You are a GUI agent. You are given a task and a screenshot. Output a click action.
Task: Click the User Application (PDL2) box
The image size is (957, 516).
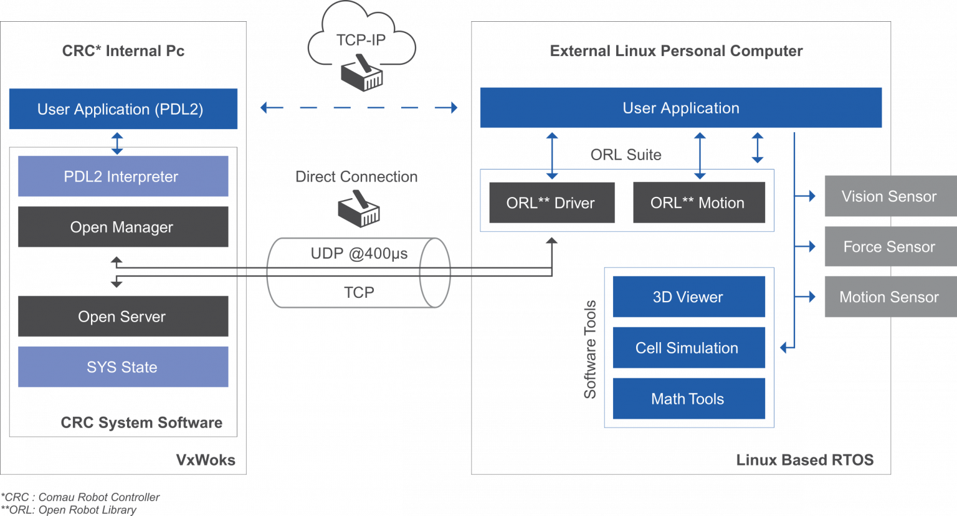coord(123,109)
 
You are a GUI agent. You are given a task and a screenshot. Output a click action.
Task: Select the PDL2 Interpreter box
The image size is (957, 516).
coord(123,176)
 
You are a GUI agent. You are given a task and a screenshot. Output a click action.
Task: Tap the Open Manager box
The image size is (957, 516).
coord(123,227)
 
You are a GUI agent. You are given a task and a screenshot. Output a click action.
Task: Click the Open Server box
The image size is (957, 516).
coord(123,317)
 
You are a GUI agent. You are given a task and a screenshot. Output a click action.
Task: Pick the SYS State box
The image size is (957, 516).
coord(123,367)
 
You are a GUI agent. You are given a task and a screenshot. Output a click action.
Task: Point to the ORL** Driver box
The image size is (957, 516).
coord(551,203)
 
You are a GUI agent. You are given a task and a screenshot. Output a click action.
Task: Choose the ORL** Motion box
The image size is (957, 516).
coord(698,203)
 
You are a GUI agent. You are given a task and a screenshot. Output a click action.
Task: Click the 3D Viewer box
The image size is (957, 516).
coord(688,297)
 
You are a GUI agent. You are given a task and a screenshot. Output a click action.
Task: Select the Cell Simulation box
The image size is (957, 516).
coord(688,348)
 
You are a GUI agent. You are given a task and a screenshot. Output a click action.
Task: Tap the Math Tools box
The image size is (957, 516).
coord(688,399)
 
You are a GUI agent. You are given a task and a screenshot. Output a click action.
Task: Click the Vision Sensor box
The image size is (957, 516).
coord(890,196)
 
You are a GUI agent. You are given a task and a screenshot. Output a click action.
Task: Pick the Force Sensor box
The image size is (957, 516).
coord(890,247)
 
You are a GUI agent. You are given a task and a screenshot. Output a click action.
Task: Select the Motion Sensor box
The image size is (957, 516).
coord(890,297)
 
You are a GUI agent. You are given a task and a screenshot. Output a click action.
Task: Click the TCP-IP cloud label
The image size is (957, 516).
coord(361,41)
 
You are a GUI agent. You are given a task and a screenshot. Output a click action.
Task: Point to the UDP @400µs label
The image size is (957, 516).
coord(359,254)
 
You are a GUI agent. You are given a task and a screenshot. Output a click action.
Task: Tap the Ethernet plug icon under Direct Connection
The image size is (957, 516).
coord(359,211)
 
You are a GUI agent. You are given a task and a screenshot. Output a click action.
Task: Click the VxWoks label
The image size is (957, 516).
coord(206,460)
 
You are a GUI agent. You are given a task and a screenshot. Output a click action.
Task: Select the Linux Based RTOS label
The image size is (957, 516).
coord(804,460)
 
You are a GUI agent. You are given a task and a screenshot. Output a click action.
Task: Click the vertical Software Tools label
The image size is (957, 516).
coord(590,349)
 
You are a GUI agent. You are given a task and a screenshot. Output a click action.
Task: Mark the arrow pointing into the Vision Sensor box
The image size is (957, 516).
coord(807,196)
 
